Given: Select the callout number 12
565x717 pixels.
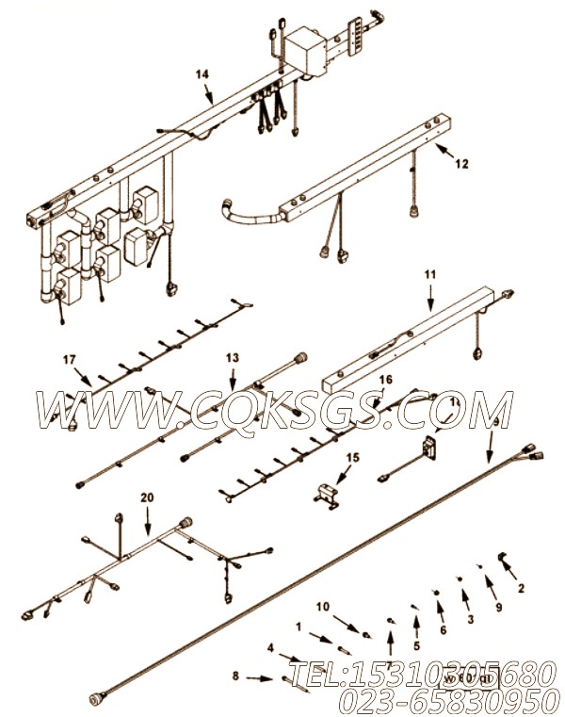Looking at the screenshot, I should [x=461, y=162].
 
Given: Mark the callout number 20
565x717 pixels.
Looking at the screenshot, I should [x=145, y=496].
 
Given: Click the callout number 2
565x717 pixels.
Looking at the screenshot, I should [x=521, y=589].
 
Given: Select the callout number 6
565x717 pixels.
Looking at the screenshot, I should [x=443, y=629].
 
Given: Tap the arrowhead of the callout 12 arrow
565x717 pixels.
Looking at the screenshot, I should [x=436, y=148].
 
